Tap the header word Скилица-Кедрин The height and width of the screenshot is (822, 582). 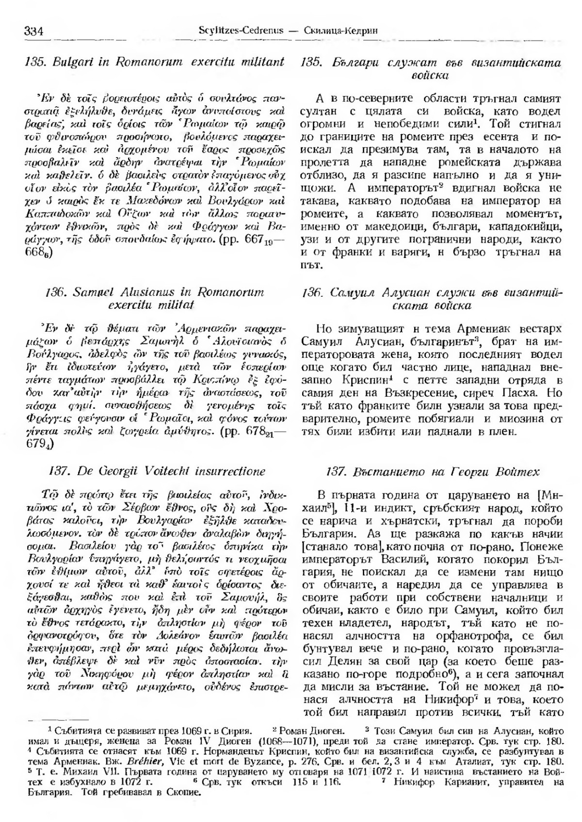tap(343, 32)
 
